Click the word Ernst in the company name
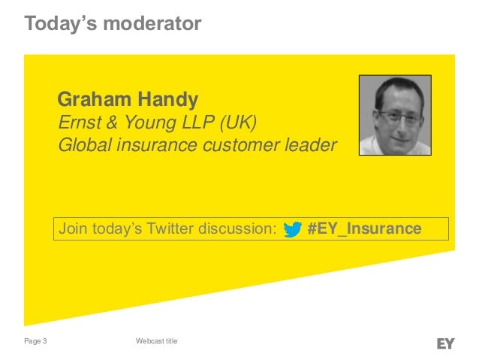pyautogui.click(x=76, y=123)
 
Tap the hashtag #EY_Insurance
pyautogui.click(x=364, y=228)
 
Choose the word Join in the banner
pyautogui.click(x=74, y=228)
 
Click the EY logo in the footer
pyautogui.click(x=445, y=343)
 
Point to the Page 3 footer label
pyautogui.click(x=35, y=343)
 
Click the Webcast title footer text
pyautogui.click(x=156, y=343)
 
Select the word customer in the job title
pyautogui.click(x=237, y=145)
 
